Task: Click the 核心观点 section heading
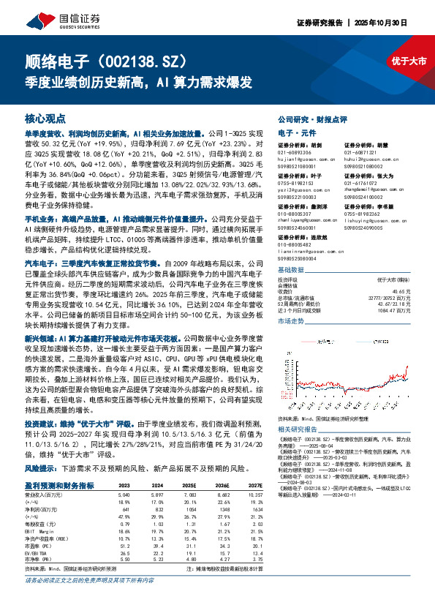click(x=45, y=118)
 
